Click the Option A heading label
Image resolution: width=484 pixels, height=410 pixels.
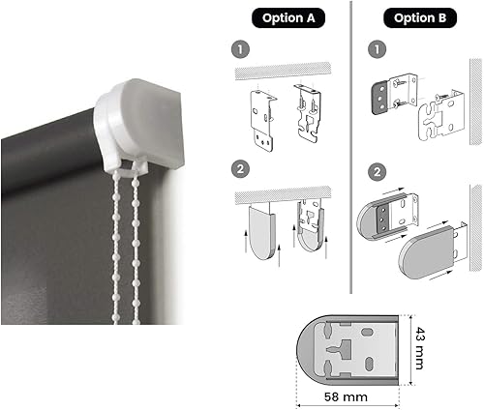288,18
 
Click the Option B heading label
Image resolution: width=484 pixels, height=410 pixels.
420,18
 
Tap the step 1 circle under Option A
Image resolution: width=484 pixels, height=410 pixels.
241,49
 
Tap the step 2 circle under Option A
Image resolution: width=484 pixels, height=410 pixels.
241,169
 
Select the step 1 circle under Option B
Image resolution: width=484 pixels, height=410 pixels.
378,49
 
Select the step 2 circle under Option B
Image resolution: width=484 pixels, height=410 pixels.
378,172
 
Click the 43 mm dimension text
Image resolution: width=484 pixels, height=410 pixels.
419,348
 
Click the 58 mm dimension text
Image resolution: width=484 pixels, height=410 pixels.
346,396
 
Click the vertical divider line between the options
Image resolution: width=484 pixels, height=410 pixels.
350,147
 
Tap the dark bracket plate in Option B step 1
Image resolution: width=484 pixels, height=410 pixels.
380,99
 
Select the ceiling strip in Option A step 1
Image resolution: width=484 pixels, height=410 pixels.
283,71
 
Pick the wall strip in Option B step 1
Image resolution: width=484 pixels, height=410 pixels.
475,102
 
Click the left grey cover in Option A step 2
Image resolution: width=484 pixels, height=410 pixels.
261,233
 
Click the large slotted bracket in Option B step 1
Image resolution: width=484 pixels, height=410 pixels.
441,116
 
